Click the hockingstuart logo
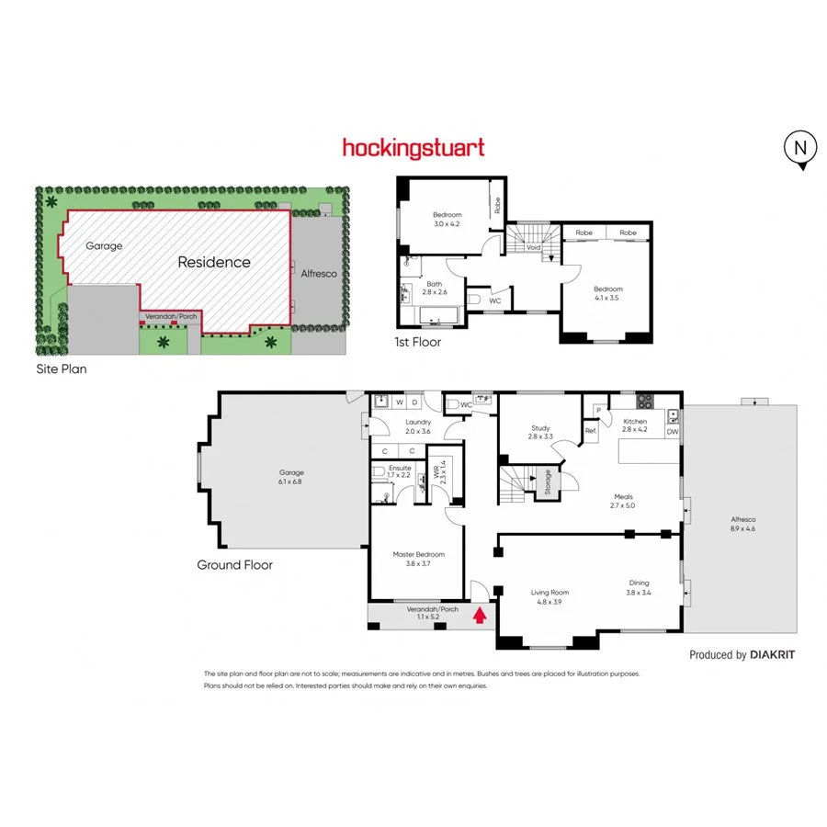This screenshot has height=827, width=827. click(x=413, y=147)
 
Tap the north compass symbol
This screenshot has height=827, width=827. click(x=800, y=148)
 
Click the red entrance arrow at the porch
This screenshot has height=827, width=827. click(x=479, y=615)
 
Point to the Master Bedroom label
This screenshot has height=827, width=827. click(x=418, y=554)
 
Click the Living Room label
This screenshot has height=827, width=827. click(x=546, y=593)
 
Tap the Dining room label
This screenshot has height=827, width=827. click(x=639, y=583)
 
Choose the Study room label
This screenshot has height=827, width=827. click(x=540, y=428)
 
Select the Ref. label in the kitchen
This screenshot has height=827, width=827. click(x=590, y=430)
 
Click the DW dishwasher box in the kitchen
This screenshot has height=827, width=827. click(x=673, y=430)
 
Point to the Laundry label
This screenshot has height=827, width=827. click(x=418, y=425)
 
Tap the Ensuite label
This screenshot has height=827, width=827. click(x=400, y=468)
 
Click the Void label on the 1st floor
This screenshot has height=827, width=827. click(x=533, y=247)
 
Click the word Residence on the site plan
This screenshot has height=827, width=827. click(x=213, y=262)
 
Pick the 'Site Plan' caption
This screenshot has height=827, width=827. click(x=61, y=368)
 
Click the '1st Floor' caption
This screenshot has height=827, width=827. click(x=418, y=342)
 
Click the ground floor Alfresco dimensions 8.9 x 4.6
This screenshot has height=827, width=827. click(x=742, y=528)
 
